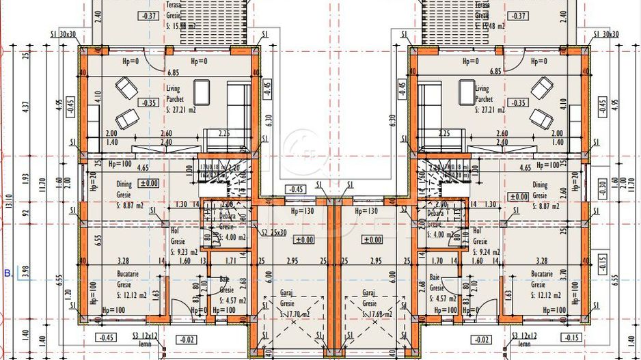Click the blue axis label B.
click(8, 273)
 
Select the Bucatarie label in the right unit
click(542, 273)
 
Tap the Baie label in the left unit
click(224, 279)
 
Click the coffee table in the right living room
click(466, 92)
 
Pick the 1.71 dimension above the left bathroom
click(230, 260)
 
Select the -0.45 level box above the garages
click(296, 189)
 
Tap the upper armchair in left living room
click(126, 87)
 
